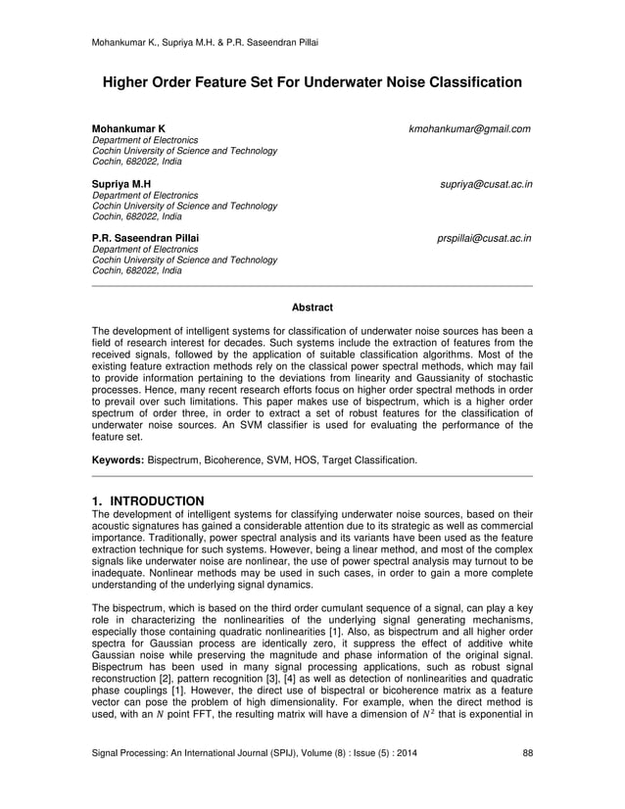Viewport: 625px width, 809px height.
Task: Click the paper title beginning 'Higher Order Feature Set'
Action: point(312,83)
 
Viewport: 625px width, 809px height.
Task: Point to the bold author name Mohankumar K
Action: point(128,129)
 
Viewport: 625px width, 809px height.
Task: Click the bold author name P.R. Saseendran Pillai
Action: point(144,238)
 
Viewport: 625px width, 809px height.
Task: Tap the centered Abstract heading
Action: point(312,308)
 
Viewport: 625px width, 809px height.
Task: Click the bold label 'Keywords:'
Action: point(118,459)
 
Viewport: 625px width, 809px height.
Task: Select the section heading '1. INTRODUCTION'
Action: point(148,501)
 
